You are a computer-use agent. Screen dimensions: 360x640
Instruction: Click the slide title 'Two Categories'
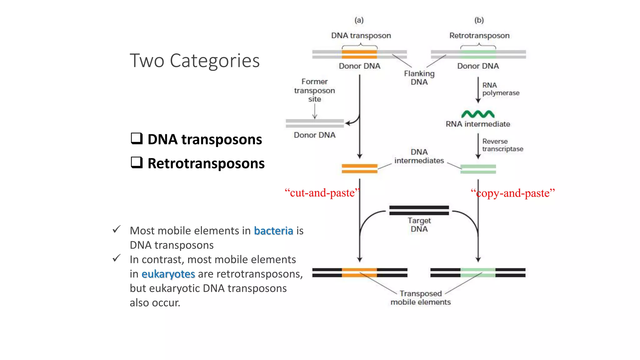(194, 61)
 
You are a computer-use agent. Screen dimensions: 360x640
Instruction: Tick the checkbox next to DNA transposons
(137, 138)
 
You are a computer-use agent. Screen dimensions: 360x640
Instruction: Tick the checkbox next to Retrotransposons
(137, 162)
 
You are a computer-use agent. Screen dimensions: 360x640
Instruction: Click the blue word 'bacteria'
(273, 231)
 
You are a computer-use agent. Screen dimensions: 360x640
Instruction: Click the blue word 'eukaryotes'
(168, 274)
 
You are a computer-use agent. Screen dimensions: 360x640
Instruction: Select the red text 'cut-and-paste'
(322, 193)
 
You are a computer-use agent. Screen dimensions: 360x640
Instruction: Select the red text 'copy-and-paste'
(512, 193)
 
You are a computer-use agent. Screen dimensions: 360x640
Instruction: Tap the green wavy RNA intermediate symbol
(478, 114)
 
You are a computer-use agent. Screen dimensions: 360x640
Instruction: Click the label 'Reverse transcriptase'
(502, 145)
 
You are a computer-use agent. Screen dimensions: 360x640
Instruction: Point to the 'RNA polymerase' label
(500, 89)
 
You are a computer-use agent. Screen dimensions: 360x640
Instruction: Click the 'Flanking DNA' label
(419, 78)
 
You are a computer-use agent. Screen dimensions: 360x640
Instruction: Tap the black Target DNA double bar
(419, 210)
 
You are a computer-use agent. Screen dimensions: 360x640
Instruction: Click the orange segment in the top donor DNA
(359, 54)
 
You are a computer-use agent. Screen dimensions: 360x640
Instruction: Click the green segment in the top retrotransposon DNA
(478, 54)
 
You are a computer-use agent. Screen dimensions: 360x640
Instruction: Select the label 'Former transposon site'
(314, 90)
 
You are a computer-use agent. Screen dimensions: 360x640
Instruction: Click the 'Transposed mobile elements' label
(421, 298)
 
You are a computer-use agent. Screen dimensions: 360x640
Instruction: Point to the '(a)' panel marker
(359, 20)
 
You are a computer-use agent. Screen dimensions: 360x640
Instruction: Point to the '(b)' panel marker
(479, 20)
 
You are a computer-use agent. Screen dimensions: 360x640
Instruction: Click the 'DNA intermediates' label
(419, 156)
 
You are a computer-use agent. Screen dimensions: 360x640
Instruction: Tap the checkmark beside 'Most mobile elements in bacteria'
(117, 229)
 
